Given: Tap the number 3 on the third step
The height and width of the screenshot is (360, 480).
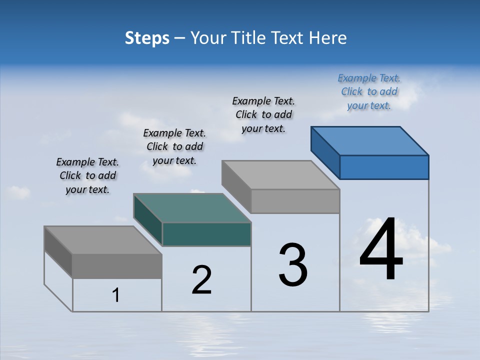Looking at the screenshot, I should (293, 265).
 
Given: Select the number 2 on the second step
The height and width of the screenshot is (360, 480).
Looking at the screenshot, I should (202, 280).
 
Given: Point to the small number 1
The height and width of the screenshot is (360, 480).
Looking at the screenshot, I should (116, 295).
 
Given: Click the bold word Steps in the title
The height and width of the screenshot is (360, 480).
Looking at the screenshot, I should (147, 38).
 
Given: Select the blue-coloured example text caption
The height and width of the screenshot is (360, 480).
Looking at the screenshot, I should (369, 91).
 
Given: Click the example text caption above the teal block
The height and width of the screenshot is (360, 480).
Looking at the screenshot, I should (174, 146).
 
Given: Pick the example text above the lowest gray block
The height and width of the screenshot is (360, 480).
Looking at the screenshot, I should (87, 175).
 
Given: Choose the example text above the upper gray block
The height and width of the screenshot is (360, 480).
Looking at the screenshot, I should (263, 114).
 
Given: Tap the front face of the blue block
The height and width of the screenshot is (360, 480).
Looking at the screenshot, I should (384, 167).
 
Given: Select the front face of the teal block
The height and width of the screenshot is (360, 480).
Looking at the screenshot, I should (206, 234).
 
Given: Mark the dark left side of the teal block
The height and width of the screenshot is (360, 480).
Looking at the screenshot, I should (148, 220).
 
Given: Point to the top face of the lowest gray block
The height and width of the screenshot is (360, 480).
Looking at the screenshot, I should (102, 240).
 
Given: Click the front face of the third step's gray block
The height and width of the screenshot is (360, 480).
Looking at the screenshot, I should (295, 201).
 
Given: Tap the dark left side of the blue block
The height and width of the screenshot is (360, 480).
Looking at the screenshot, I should (325, 152).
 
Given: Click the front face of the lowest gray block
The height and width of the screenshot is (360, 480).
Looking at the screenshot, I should (117, 266).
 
